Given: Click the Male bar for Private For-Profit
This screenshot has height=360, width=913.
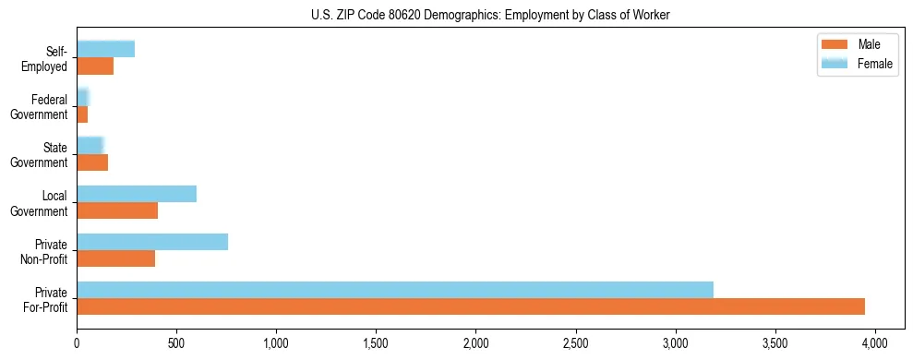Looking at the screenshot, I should (471, 306).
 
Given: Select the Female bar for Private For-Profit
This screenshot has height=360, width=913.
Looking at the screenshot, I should (395, 290).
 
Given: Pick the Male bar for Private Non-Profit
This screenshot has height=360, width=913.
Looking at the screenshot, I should (116, 258).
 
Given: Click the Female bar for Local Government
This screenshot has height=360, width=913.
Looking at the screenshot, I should (137, 194).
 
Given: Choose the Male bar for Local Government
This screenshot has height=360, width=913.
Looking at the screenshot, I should (117, 210).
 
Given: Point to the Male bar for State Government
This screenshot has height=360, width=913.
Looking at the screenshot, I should (92, 162).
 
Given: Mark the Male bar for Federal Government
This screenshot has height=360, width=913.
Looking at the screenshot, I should (82, 114).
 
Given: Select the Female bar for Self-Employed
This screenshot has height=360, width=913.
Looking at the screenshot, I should (106, 49).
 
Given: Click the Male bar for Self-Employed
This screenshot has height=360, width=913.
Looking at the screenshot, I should (95, 66).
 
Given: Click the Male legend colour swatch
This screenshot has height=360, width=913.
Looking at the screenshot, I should (835, 44).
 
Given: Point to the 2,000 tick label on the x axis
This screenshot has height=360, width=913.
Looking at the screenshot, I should (475, 342).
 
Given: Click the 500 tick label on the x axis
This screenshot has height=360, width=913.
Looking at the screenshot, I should (176, 342).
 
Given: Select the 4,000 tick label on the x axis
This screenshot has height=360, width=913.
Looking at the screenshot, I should (875, 342).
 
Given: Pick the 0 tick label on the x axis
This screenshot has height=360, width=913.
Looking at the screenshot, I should (77, 342).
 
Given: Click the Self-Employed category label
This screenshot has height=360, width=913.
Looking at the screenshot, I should (49, 59).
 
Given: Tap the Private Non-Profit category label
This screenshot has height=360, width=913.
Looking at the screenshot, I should (47, 251).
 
